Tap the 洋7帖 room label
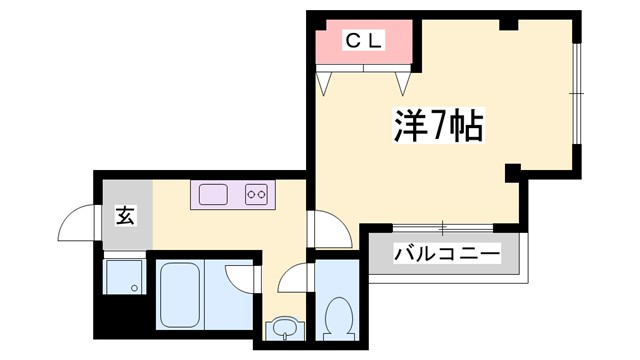click(437, 128)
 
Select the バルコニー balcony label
click(446, 254)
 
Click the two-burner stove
click(257, 194)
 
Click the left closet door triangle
click(326, 81)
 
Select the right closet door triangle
click(404, 81)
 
